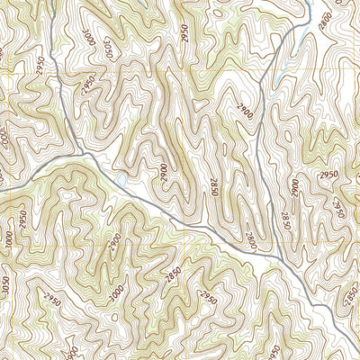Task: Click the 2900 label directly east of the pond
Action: pyautogui.click(x=163, y=174)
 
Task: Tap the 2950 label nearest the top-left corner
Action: pyautogui.click(x=41, y=65)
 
